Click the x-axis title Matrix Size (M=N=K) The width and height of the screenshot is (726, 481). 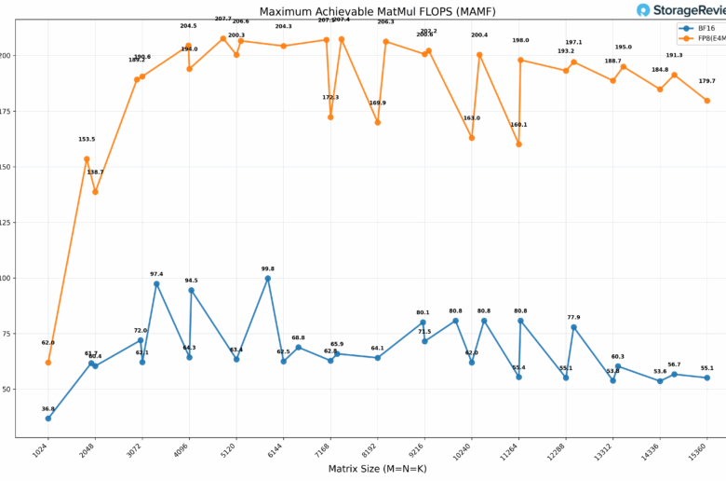[377, 468]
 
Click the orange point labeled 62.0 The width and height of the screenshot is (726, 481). [48, 362]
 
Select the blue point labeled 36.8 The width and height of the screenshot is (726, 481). [48, 418]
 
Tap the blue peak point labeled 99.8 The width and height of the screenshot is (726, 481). [268, 278]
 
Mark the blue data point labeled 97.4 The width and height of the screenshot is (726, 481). [156, 283]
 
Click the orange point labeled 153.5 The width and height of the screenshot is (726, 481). [87, 158]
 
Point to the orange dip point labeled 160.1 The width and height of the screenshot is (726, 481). [518, 144]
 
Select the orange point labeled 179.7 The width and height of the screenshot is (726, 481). [707, 101]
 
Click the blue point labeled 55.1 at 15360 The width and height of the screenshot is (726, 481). [707, 378]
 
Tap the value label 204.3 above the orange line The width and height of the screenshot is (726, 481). [283, 26]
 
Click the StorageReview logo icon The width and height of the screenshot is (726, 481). [643, 10]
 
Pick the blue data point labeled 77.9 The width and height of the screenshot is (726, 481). [573, 327]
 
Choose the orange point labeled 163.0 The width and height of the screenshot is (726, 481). [472, 137]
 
